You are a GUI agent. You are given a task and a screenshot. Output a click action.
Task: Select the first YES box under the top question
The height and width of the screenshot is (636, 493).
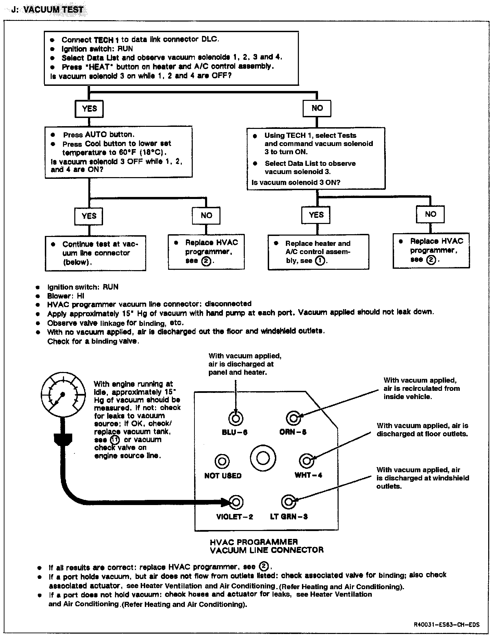[89, 109]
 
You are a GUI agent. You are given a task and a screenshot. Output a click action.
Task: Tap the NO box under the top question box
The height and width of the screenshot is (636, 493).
[317, 108]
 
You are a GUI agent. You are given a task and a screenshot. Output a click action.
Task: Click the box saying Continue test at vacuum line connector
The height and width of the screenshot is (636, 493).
[96, 253]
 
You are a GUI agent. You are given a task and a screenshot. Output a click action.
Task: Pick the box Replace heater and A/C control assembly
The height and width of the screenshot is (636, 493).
[318, 252]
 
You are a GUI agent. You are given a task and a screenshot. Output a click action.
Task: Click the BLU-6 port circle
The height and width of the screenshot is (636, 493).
[235, 418]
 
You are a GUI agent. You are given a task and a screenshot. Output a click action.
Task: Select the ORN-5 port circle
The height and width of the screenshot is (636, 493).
[293, 418]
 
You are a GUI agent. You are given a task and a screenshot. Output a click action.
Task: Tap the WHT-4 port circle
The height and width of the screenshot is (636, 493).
[307, 461]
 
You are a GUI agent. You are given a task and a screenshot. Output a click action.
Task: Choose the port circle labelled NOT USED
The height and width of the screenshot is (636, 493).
[222, 461]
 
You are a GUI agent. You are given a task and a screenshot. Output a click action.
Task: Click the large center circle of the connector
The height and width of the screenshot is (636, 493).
[263, 459]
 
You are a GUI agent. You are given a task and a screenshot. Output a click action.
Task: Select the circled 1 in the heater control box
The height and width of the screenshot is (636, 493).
[320, 261]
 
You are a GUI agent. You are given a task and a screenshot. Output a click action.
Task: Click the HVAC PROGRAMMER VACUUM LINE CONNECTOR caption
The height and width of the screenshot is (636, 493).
[266, 546]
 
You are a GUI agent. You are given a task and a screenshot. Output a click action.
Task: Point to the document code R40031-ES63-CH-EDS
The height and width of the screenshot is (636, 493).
[446, 625]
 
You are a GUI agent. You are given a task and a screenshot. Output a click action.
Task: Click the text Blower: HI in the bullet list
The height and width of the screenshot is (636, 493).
[65, 296]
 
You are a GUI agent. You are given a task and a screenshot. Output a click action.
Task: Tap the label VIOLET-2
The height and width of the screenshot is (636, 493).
[235, 516]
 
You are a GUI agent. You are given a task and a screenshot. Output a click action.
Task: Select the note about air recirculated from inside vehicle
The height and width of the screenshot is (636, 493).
[421, 388]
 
